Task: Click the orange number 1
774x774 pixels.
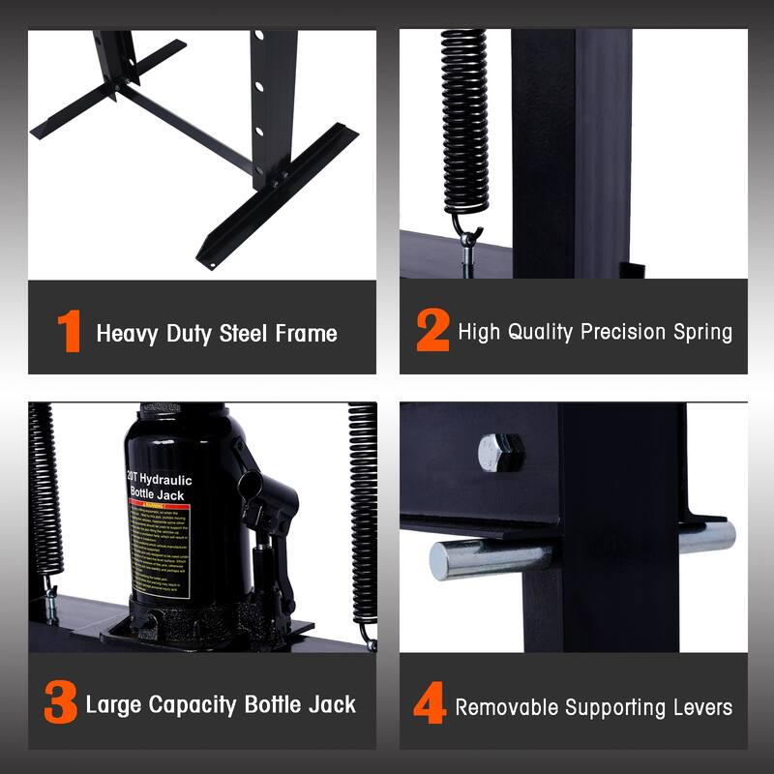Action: pyautogui.click(x=69, y=332)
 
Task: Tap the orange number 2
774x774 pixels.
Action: pyautogui.click(x=432, y=332)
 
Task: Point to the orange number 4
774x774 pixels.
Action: pyautogui.click(x=430, y=705)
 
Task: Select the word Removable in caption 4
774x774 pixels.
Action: pyautogui.click(x=508, y=707)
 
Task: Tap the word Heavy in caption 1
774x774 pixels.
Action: pyautogui.click(x=125, y=335)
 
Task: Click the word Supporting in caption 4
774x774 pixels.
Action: pyautogui.click(x=612, y=707)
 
